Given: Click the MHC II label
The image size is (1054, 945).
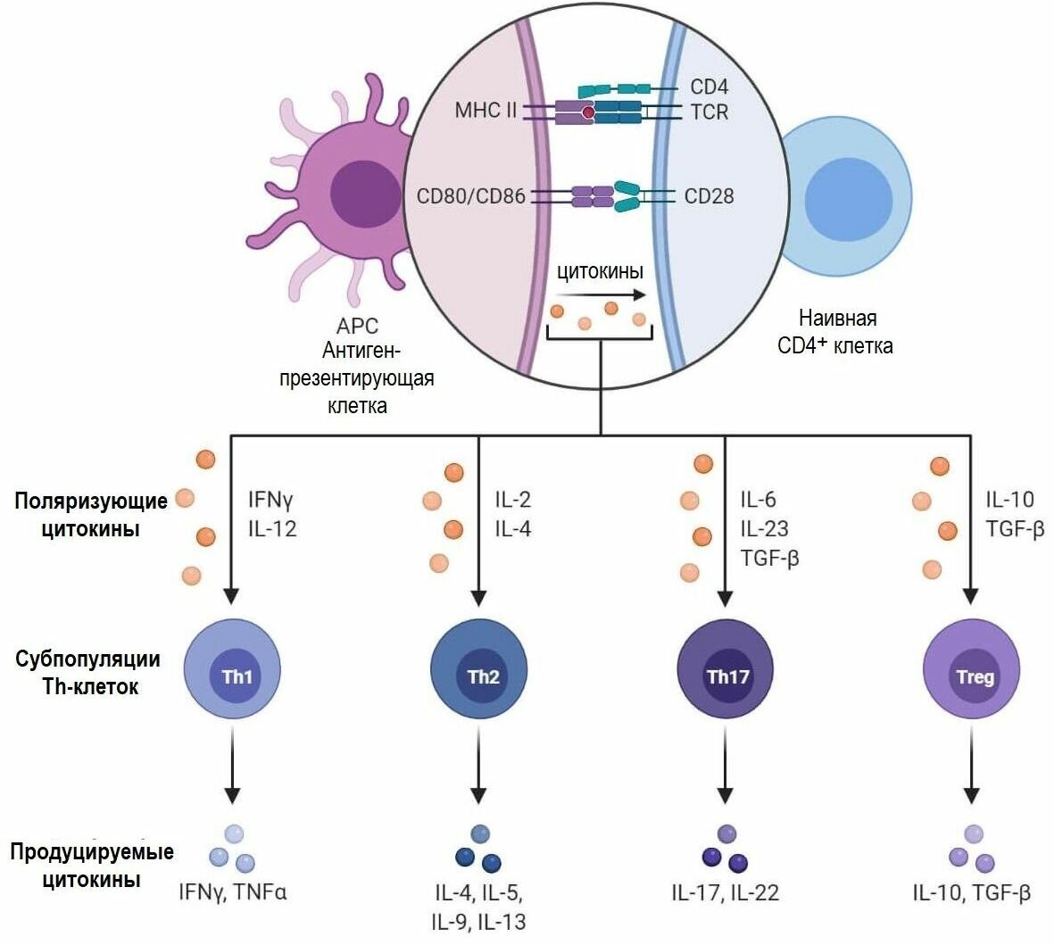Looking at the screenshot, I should tap(486, 112).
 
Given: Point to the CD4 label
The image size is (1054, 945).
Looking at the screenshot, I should tap(709, 87).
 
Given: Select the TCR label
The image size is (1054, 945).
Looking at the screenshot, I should tap(709, 112).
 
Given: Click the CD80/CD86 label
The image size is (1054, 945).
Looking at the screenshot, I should tap(470, 195).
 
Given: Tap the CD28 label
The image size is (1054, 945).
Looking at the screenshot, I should tap(709, 195).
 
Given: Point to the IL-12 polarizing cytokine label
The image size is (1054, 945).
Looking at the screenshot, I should tap(271, 529).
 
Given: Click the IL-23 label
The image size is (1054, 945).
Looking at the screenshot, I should tap(764, 529).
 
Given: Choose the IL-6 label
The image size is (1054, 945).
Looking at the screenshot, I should tap(758, 500).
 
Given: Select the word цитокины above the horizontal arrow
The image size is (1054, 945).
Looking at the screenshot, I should tap(600, 271).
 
